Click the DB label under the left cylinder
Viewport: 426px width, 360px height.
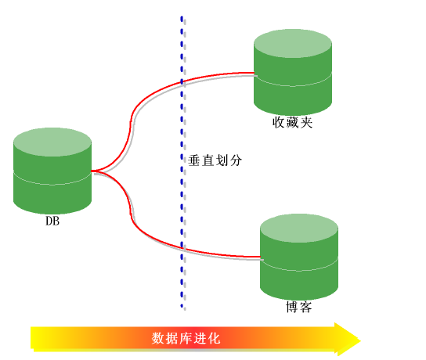[x=52, y=221]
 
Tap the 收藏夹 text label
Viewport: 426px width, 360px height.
[x=292, y=122]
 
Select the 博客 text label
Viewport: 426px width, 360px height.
[x=299, y=307]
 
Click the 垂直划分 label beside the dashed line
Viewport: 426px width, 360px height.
[x=215, y=160]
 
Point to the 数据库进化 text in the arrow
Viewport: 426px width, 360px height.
[x=186, y=338]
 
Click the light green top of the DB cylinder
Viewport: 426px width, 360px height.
[x=52, y=142]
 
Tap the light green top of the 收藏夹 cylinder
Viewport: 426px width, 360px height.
[x=293, y=44]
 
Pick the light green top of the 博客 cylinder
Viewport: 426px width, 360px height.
[x=299, y=228]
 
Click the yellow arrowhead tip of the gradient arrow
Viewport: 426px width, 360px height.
[x=360, y=340]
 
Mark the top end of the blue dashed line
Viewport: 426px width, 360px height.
[x=182, y=17]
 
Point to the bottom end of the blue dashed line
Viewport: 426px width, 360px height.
[x=182, y=306]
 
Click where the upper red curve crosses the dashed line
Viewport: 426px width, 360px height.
[x=182, y=81]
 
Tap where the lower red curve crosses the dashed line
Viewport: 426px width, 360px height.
[x=182, y=247]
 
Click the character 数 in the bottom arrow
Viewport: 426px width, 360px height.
[x=158, y=338]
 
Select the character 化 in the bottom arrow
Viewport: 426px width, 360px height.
[x=214, y=338]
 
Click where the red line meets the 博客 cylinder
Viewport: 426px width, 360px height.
[x=260, y=257]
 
